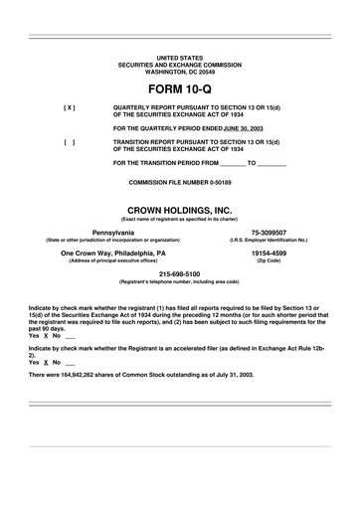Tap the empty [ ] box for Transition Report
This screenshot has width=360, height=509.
point(69,142)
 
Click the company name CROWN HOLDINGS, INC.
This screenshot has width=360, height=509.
point(180,210)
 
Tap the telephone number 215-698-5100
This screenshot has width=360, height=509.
point(180,273)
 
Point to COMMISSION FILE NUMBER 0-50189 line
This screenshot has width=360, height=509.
point(180,185)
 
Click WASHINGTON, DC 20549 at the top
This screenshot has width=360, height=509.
point(180,73)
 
